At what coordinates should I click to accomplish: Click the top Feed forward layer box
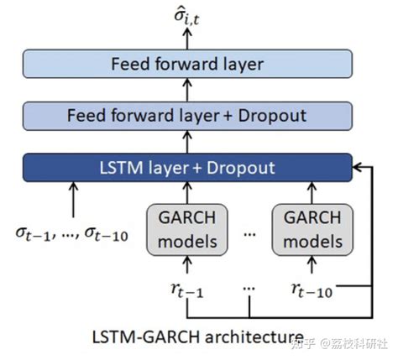pos(187,64)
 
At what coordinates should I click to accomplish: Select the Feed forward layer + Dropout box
pos(187,115)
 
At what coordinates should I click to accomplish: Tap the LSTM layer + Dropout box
pos(187,167)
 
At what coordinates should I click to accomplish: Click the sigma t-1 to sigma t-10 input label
pos(72,235)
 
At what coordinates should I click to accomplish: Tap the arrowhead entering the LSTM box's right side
pos(357,167)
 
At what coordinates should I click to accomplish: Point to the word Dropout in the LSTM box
pos(244,167)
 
